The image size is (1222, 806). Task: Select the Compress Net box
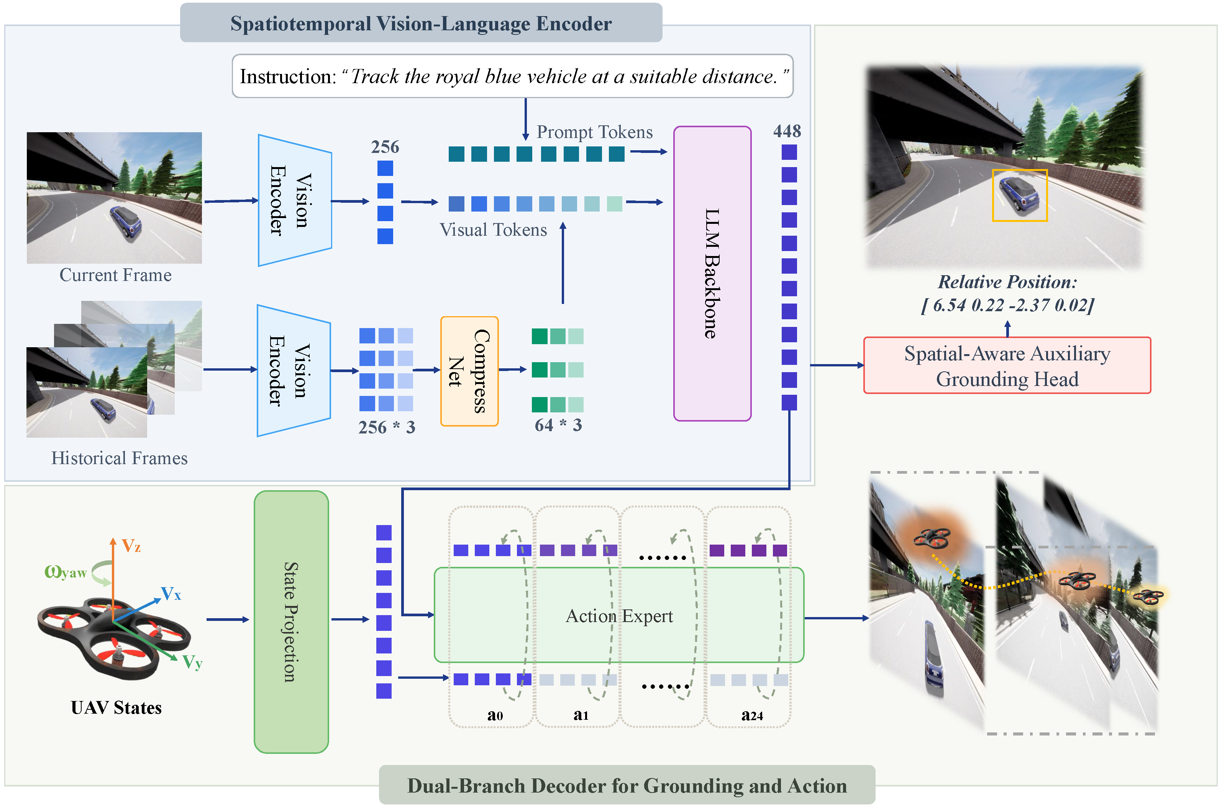point(469,371)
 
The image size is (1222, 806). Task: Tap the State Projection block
point(291,622)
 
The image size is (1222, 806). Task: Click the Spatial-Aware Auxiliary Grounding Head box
point(1007,366)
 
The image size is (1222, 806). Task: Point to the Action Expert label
point(619,616)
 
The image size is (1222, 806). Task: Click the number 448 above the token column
point(787,131)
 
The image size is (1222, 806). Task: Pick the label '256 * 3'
point(386,427)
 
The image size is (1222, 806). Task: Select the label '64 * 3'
point(558,425)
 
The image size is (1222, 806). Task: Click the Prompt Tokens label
point(595,132)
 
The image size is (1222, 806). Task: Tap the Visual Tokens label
point(493,230)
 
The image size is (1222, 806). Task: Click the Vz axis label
point(131,546)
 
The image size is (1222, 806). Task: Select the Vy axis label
point(192,662)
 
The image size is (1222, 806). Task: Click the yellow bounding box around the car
point(1020,170)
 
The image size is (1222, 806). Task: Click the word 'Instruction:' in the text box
point(288,77)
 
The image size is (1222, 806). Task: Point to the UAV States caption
point(116,708)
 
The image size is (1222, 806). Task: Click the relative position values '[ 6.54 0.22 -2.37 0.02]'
point(1007,305)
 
